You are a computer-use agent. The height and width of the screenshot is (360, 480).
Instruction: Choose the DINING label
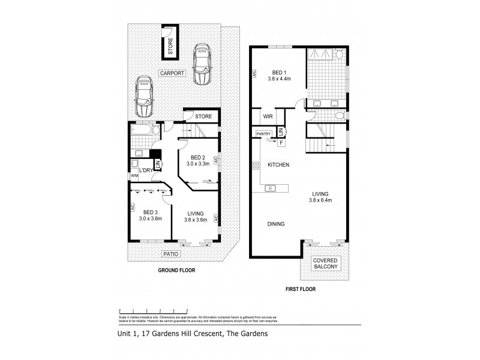(275, 224)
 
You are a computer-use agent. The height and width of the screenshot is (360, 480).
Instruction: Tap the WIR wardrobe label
(268, 117)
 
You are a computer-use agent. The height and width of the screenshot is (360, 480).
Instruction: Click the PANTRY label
(264, 134)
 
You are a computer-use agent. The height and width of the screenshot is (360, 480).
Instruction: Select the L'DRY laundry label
(146, 171)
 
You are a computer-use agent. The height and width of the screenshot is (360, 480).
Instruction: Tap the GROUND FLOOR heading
(176, 271)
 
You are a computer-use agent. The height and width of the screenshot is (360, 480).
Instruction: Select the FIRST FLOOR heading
(299, 289)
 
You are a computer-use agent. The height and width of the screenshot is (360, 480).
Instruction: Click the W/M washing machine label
(134, 175)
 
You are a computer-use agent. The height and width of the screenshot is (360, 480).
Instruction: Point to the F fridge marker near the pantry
(281, 142)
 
